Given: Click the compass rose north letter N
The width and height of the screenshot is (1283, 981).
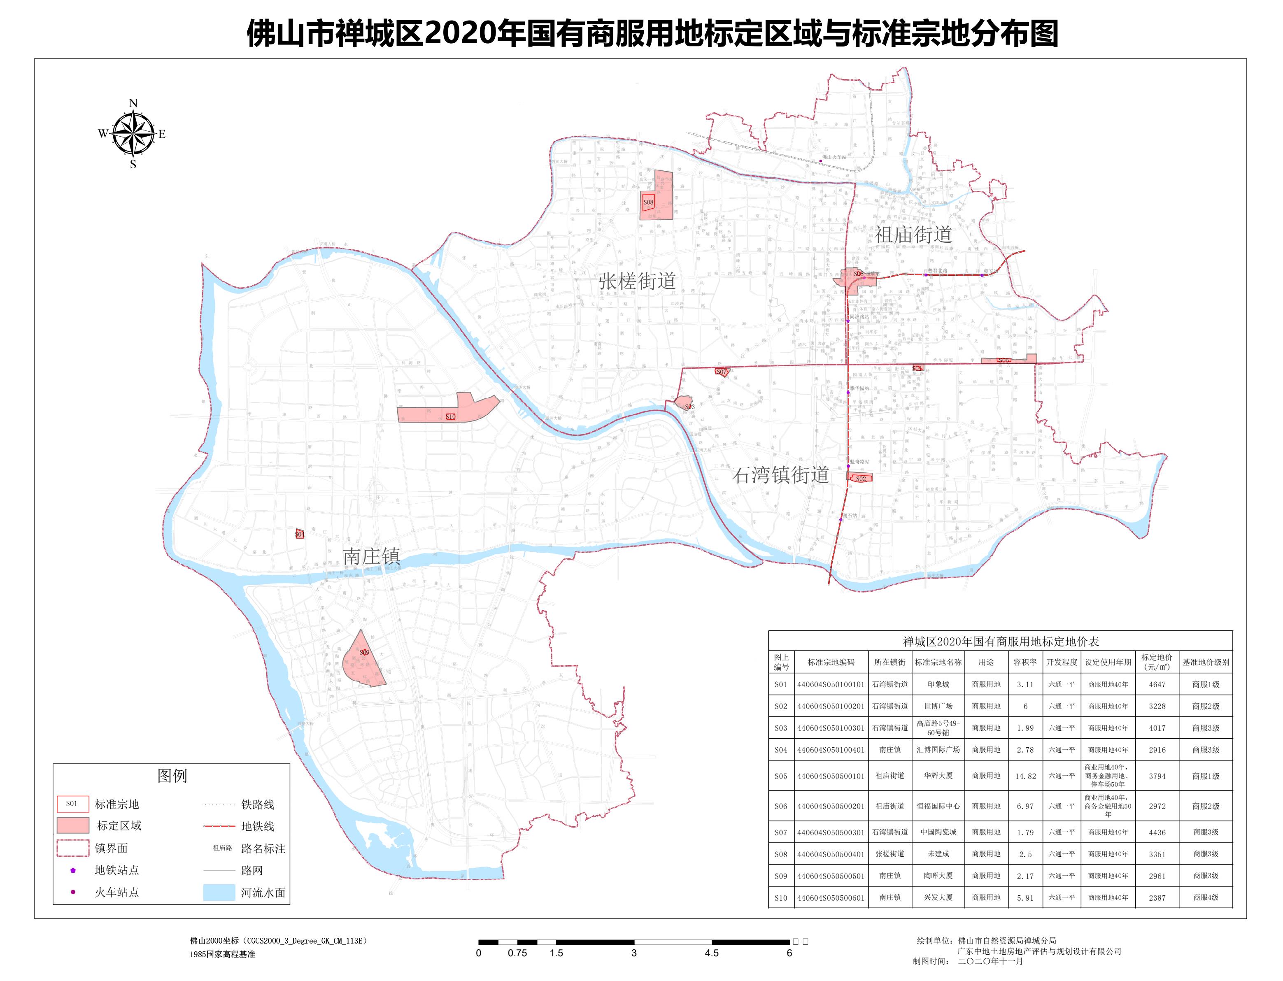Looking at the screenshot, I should pos(133,103).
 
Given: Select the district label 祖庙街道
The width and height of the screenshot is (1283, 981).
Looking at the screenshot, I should pos(913,235).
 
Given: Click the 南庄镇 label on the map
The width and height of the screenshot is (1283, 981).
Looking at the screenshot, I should pos(371,556).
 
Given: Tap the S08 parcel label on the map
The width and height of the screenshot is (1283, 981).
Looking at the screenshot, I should pos(648,202).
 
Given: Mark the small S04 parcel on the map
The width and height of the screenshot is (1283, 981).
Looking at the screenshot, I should pos(300,534).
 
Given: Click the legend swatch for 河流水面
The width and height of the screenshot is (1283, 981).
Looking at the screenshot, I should pos(219,892).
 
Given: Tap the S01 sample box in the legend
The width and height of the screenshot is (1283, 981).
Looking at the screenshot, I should pos(72,804).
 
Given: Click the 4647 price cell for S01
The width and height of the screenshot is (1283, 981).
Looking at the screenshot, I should pos(1157,684).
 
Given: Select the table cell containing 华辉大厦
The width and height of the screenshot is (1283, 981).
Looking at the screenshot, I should pos(938,776).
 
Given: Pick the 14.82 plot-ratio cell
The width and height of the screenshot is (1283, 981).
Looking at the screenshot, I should pos(1025,776).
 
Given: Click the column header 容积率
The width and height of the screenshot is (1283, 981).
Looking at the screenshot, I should pos(1025,662).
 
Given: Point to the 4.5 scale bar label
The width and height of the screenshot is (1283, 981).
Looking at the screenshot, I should pos(711,953).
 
